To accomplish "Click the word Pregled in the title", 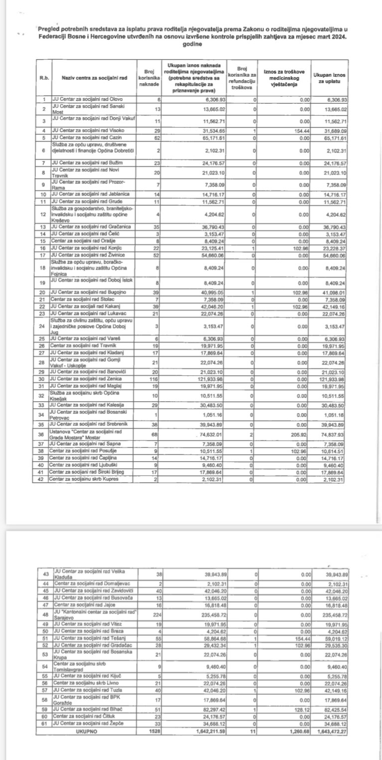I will [x=48, y=29].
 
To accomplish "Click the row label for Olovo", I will [x=88, y=99].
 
